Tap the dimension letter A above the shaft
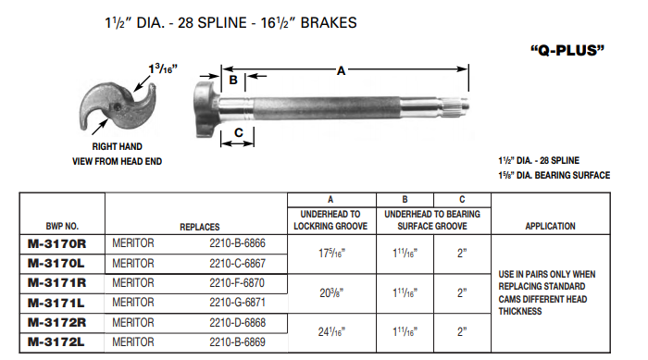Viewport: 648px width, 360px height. pos(343,70)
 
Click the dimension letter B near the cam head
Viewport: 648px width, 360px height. pos(234,81)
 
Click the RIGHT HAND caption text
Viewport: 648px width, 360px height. pos(117,146)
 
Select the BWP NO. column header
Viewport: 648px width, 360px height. pos(62,225)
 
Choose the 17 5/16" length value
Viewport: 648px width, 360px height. pos(332,253)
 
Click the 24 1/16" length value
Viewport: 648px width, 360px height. pos(332,331)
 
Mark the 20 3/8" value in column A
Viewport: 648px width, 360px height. pos(332,292)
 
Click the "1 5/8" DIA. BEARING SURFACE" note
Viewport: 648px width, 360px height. pos(554,175)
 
